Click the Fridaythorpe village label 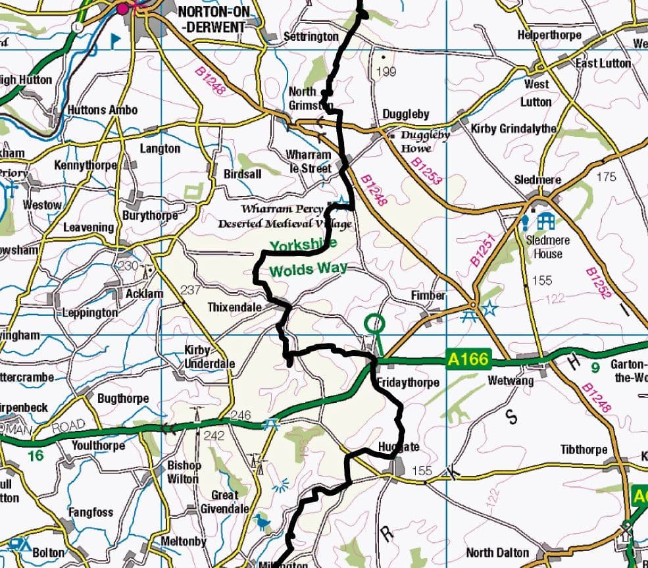[408, 382]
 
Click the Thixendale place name [234, 307]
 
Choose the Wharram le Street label [308, 161]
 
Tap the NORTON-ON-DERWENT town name [211, 19]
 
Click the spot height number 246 [241, 416]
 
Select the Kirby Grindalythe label [513, 128]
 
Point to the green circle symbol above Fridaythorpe [374, 323]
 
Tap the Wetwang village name [511, 380]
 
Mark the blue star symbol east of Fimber [489, 308]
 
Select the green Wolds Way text [308, 271]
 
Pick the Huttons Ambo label [102, 110]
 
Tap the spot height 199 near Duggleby [388, 71]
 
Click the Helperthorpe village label [549, 35]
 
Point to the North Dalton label [497, 552]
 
